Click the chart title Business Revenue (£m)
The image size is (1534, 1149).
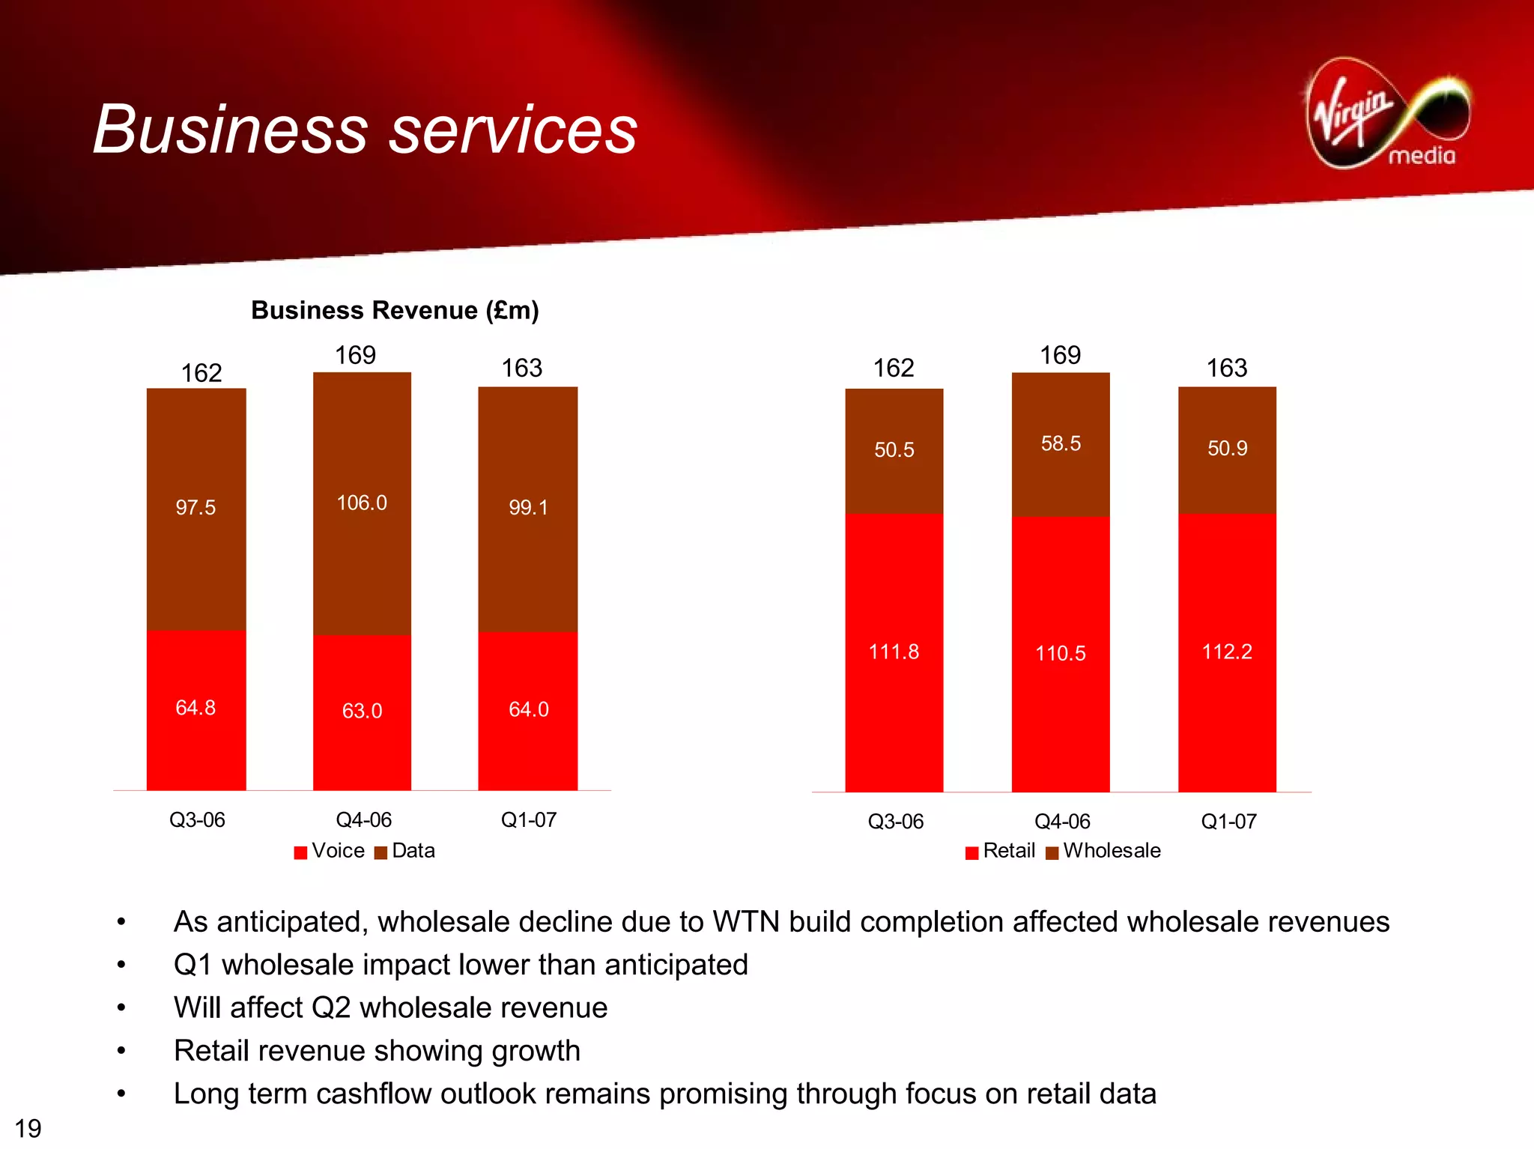coord(395,310)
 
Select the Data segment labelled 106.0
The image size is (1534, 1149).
coord(362,503)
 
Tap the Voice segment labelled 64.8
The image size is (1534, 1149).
coord(195,709)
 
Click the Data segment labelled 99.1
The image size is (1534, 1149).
coord(528,509)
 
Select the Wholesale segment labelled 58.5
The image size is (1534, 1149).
coord(1061,444)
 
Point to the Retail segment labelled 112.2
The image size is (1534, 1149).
coord(1227,652)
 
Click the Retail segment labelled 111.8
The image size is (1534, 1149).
coord(894,652)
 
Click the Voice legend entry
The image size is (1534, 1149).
coord(330,851)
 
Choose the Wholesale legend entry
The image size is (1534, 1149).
coord(1103,851)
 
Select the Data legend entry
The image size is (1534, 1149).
coord(405,851)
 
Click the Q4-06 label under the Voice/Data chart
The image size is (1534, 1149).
coord(364,819)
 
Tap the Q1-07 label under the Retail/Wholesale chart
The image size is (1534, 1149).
coord(1228,822)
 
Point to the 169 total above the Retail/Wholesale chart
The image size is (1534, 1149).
coord(1060,355)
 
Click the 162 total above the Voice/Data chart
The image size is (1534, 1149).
coord(201,373)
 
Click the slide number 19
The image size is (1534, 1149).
coord(28,1128)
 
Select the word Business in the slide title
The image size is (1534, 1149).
coord(230,130)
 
